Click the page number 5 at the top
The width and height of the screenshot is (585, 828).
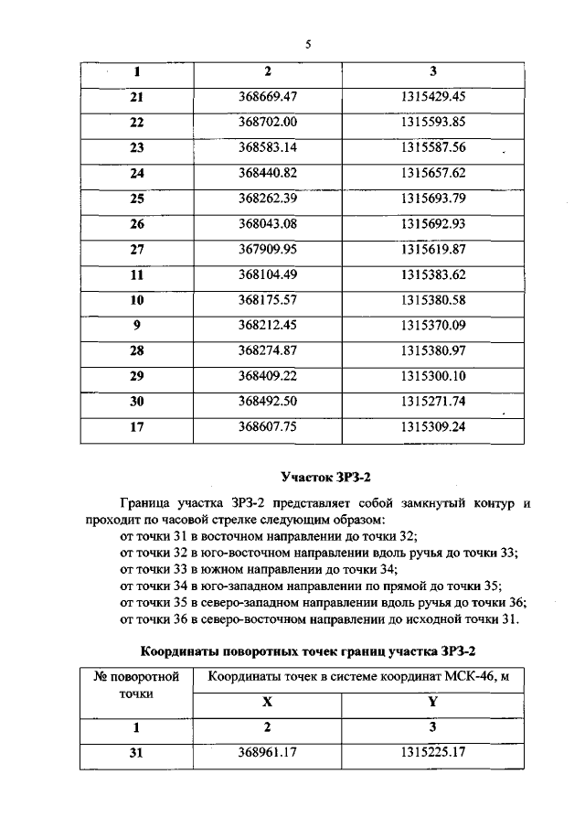(308, 43)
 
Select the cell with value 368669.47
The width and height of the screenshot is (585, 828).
(269, 96)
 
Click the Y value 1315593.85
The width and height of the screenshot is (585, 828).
(433, 122)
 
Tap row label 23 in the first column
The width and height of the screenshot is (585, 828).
(137, 147)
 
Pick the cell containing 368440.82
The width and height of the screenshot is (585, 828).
(269, 172)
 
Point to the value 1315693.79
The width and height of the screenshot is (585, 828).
(433, 198)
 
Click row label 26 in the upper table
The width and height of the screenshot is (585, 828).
(137, 223)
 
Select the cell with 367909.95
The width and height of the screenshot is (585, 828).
(269, 248)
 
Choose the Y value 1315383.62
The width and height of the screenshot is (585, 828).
(433, 274)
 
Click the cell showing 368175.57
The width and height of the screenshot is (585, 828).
(269, 299)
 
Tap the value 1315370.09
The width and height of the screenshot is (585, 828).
(433, 324)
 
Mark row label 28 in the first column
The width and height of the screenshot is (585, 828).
(137, 349)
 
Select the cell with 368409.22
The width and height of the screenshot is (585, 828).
(269, 375)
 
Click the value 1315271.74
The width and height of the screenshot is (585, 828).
(433, 400)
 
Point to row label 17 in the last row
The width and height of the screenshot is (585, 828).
(137, 425)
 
